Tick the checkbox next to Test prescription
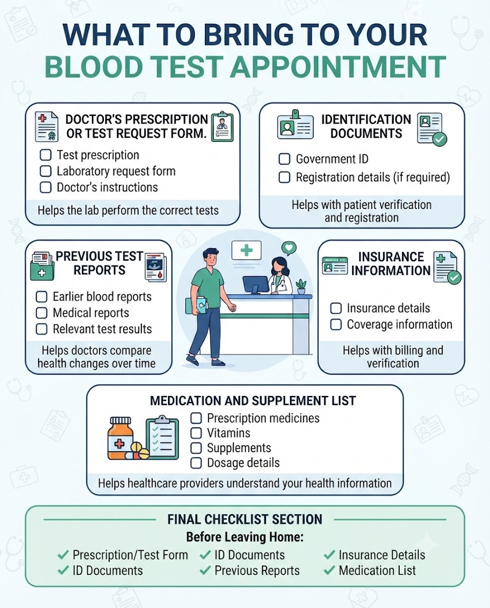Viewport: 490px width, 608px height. [46, 155]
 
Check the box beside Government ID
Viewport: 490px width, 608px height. [284, 159]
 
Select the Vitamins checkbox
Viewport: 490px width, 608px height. [196, 433]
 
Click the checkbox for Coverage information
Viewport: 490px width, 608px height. [336, 324]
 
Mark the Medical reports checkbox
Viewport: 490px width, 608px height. [42, 312]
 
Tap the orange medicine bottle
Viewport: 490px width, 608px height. [121, 438]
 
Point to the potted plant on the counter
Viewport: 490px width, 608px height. [301, 286]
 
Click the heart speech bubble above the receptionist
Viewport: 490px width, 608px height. [289, 248]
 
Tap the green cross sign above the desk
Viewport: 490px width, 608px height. [246, 250]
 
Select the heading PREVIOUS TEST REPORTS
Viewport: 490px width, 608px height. [99, 263]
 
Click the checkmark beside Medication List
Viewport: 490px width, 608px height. [329, 571]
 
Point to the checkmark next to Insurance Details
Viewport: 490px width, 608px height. [329, 555]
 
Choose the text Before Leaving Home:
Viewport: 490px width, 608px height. [245, 537]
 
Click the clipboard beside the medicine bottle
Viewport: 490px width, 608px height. [162, 438]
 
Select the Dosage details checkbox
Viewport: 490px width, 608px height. [196, 463]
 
